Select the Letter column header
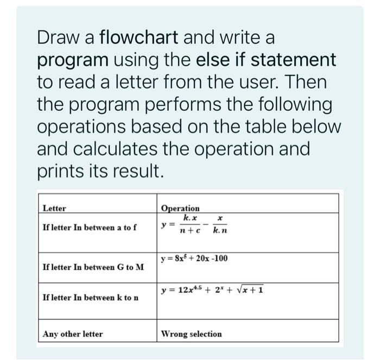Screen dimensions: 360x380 coord(55,208)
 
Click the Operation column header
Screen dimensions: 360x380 coord(180,208)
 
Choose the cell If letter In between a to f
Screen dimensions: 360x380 coord(90,227)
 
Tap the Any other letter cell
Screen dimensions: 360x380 coord(73,334)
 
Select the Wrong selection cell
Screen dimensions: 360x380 coord(192,334)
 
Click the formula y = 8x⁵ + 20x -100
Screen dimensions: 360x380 coord(194,258)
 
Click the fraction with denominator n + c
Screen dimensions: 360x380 coord(190,224)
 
